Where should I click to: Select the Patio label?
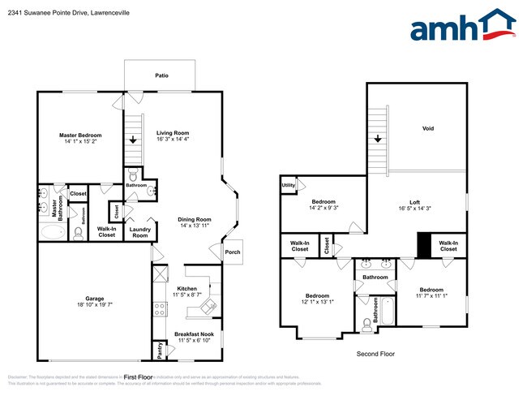162,75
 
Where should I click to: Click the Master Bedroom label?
80,135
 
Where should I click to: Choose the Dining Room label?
195,219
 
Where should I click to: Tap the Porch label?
232,252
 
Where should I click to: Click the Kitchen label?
186,288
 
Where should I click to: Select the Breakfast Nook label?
195,334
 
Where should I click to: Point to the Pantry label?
159,351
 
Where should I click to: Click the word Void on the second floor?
428,129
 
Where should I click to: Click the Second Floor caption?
376,355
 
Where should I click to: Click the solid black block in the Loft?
422,244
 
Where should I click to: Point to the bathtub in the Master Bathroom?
50,234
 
